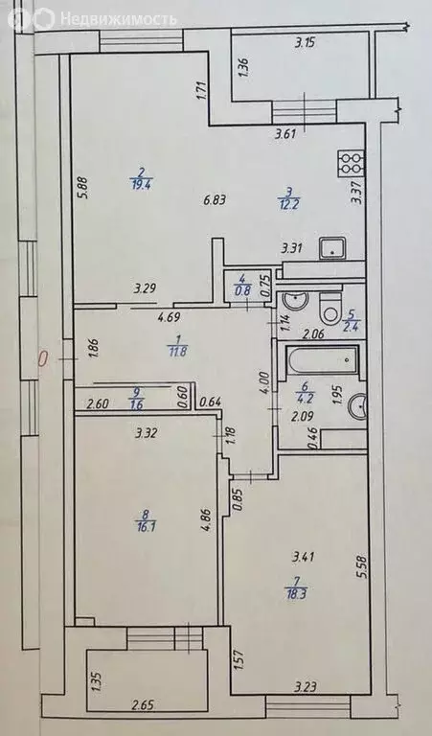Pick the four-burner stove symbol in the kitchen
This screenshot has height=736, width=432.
(x=347, y=164)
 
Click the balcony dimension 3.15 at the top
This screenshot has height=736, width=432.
(x=304, y=42)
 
